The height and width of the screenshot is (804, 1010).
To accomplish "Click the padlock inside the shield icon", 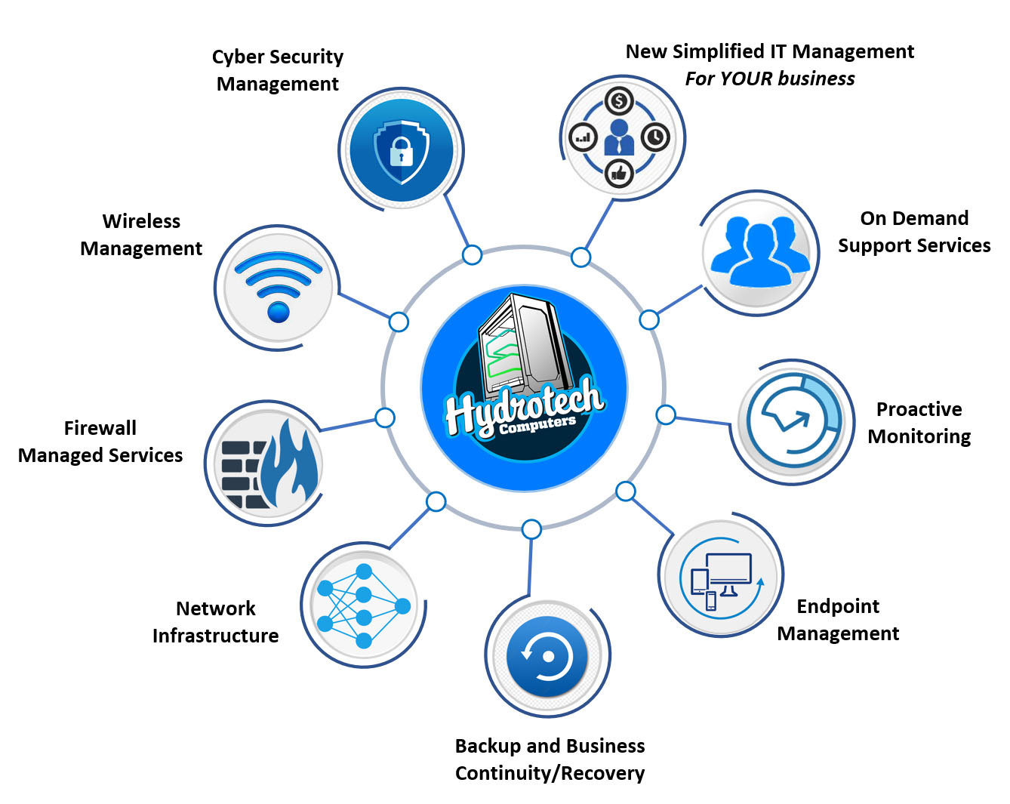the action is click(x=402, y=151).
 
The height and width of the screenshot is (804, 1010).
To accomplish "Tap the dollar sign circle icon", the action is click(x=619, y=101).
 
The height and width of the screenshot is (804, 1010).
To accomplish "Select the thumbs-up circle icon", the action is click(x=619, y=174).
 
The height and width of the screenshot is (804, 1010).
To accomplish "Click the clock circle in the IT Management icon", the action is click(x=655, y=137).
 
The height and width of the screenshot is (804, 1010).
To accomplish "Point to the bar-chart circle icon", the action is click(x=583, y=137).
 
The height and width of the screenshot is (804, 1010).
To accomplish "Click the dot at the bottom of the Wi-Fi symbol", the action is click(x=279, y=312).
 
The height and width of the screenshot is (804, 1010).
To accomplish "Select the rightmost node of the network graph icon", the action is click(x=402, y=606).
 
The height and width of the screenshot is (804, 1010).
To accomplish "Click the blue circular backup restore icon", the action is click(x=547, y=656).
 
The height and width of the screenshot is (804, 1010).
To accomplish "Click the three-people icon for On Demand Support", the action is click(x=760, y=251).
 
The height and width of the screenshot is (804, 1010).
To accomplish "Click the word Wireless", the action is click(x=141, y=221).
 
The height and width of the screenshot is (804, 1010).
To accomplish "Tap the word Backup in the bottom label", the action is click(x=488, y=746).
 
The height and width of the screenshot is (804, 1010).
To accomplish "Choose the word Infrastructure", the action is click(x=215, y=636).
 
